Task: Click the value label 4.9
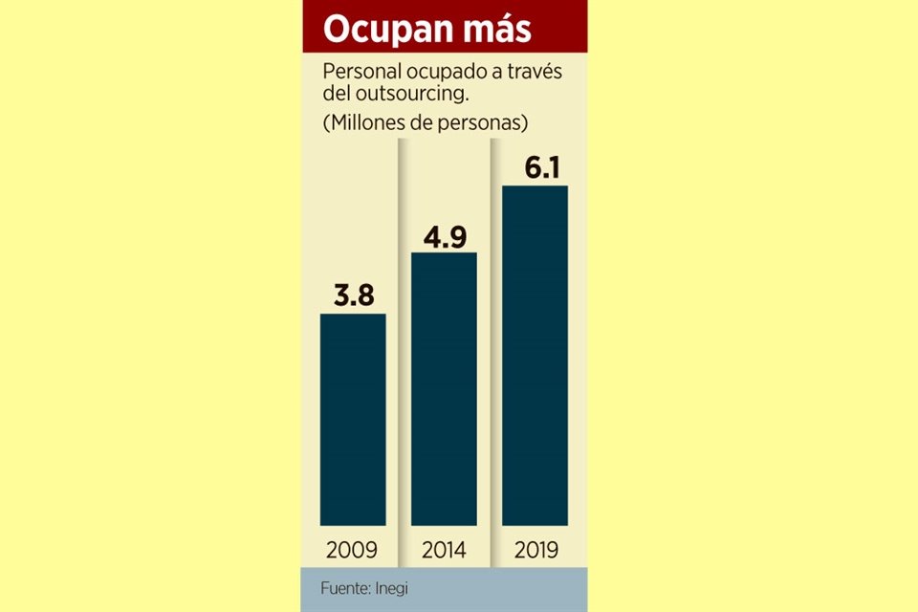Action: tap(444, 234)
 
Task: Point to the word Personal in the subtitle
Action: tap(357, 73)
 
